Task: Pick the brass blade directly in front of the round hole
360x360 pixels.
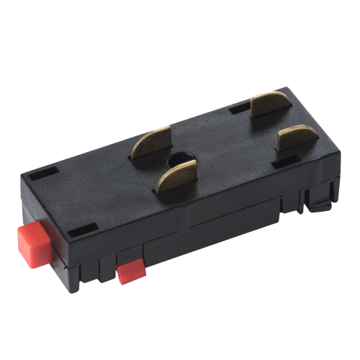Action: click(176, 180)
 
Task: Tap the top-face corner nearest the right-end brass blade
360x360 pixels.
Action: click(339, 152)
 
